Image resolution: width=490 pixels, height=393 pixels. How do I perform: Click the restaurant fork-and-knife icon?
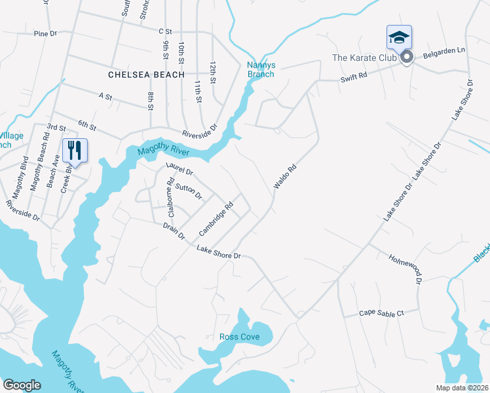click(x=74, y=150)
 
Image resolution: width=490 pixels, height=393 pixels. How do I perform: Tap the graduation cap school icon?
click(x=398, y=37)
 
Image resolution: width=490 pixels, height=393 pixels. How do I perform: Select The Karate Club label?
click(x=364, y=58)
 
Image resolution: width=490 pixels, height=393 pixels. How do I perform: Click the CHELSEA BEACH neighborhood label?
click(x=147, y=75)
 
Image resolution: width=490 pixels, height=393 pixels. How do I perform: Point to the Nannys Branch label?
click(x=260, y=69)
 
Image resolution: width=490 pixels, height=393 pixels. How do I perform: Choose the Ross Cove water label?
click(x=239, y=337)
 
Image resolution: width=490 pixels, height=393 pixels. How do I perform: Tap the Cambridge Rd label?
click(x=216, y=219)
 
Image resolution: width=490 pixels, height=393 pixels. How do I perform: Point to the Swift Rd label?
click(x=354, y=76)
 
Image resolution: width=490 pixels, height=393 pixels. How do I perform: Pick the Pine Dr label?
click(x=46, y=33)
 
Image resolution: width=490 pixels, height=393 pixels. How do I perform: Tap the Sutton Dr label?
click(x=189, y=191)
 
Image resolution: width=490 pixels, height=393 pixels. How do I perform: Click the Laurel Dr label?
click(x=179, y=170)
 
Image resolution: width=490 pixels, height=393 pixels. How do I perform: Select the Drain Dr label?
click(x=174, y=231)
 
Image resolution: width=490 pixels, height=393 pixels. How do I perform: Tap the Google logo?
click(x=22, y=384)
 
